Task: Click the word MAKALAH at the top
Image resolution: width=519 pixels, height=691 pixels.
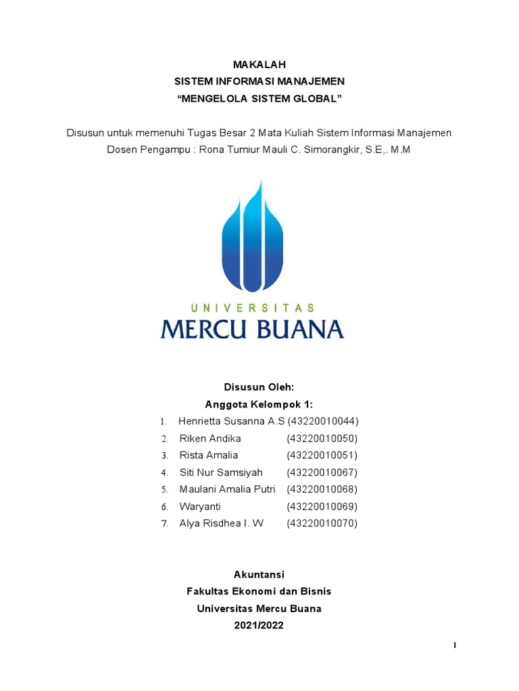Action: [x=259, y=65]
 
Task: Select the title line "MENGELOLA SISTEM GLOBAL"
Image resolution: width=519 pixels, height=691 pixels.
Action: [x=259, y=99]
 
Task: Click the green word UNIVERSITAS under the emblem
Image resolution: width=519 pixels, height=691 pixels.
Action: [x=252, y=308]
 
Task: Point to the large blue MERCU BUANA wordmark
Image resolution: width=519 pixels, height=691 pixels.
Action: [x=252, y=329]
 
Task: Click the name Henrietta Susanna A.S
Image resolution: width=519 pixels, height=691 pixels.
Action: [x=232, y=421]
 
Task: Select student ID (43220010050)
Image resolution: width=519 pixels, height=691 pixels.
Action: [x=322, y=439]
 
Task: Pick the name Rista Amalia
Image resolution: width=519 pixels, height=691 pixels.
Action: [x=209, y=455]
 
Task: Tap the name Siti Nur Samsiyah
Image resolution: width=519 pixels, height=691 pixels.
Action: [x=221, y=472]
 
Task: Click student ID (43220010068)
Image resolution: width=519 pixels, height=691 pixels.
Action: [x=322, y=489]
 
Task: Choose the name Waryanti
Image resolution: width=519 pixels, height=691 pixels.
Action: [x=200, y=506]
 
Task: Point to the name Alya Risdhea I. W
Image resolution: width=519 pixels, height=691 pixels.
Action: [x=222, y=523]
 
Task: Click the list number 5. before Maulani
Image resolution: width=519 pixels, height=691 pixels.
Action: [x=164, y=489]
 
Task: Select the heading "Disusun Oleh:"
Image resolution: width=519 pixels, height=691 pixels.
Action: [x=259, y=387]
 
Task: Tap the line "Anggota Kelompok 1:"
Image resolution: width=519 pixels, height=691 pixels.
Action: [x=259, y=404]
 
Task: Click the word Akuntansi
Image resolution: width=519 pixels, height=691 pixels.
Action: [x=259, y=574]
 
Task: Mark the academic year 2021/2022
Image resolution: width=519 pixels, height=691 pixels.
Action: [x=259, y=626]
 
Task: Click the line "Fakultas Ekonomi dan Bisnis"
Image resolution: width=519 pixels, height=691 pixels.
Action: [x=259, y=591]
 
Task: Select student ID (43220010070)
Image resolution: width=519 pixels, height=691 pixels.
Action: [x=322, y=523]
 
